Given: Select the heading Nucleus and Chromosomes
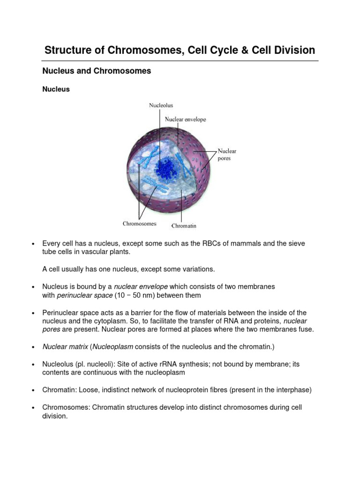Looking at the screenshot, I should click(97, 71).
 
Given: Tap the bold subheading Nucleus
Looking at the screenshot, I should click(56, 89).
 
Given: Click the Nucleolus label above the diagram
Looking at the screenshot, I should click(161, 105).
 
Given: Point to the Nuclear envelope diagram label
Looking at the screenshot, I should click(185, 120).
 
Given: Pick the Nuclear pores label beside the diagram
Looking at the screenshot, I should click(227, 155).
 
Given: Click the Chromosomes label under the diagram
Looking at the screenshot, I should click(140, 224).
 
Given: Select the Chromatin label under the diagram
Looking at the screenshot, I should click(184, 226).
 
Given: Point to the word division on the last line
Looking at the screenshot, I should click(55, 416).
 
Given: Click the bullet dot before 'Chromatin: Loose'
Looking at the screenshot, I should click(33, 390).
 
